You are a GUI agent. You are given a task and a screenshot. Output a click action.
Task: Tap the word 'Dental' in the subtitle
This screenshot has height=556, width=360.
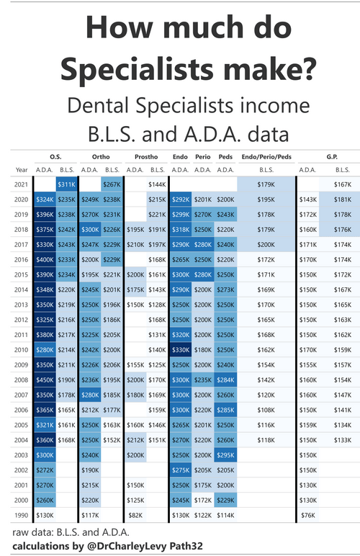pos(102,106)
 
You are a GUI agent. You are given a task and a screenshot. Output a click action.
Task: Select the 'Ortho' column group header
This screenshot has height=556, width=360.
pos(101,157)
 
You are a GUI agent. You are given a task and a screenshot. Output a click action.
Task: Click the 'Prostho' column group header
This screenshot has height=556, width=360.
pos(146,157)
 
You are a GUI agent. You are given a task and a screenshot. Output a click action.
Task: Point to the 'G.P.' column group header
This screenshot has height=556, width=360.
pos(330,157)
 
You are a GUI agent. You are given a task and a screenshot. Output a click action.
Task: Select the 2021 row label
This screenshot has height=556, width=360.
pos(20,185)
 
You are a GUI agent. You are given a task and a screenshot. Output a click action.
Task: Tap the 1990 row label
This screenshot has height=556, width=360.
pos(20,515)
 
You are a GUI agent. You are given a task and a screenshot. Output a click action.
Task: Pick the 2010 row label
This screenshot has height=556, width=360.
pos(20,349)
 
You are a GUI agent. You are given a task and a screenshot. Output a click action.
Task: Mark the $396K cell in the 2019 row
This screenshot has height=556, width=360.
pos(44,215)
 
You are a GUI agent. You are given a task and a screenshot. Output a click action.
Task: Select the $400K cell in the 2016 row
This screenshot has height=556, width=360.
pos(44,259)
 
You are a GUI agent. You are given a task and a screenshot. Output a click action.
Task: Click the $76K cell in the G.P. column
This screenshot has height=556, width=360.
pos(307,515)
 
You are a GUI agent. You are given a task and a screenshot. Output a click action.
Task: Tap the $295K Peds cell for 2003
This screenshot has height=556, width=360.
pos(225,454)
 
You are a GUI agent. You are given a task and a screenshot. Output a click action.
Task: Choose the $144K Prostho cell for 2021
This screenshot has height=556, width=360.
pos(157,185)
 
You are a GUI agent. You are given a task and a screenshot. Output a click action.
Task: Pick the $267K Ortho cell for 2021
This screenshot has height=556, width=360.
pos(112,185)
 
